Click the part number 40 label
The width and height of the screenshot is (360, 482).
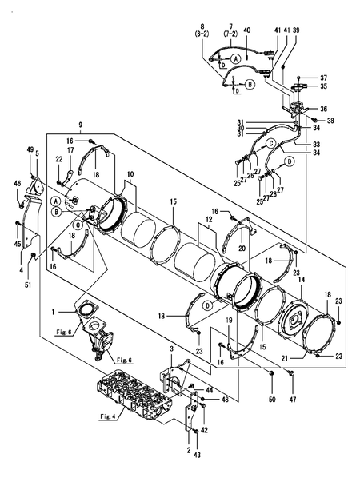246,30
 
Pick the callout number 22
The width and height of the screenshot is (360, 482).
58,158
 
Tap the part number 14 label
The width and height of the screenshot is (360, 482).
301,280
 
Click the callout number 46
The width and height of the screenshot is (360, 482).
17,184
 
